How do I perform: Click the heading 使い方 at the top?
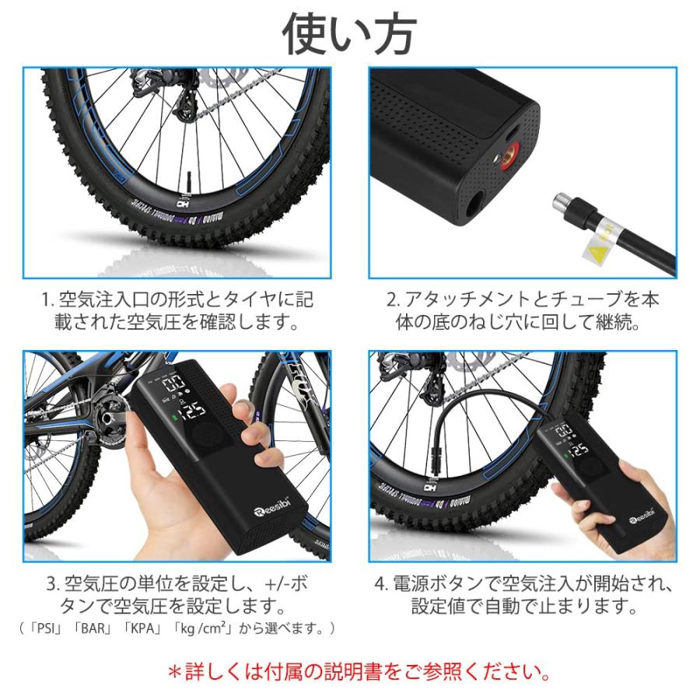click(349, 32)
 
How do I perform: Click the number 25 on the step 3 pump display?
click(198, 410)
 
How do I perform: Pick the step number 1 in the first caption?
click(46, 299)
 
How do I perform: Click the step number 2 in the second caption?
click(393, 299)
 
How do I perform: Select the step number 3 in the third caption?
click(51, 583)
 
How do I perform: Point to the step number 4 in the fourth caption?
click(380, 583)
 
